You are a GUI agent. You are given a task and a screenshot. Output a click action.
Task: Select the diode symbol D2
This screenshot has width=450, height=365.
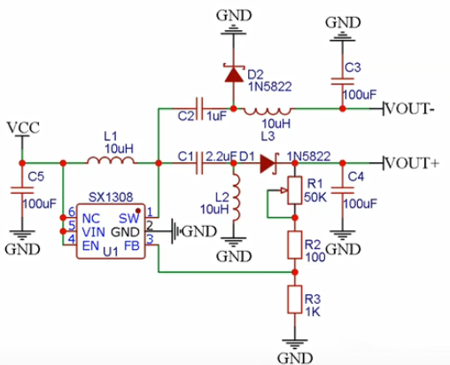point(233,73)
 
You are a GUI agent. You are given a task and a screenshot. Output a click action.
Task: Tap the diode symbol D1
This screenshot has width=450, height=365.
point(269,163)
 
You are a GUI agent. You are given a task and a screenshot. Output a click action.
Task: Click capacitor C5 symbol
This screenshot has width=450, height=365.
point(19,190)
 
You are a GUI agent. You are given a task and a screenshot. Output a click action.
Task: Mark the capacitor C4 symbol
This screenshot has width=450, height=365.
point(345,190)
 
